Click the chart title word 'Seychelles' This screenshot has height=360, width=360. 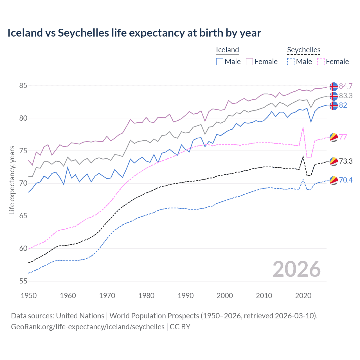click(83, 33)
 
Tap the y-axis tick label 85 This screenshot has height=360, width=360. click(23, 85)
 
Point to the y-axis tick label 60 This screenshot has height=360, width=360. click(23, 248)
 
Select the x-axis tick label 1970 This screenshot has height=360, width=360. click(107, 296)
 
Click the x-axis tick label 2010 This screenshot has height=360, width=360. click(264, 296)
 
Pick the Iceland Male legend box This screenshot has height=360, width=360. click(220, 62)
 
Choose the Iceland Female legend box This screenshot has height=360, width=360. click(249, 62)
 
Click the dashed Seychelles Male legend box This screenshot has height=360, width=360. click(291, 62)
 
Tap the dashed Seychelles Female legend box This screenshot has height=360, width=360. click(321, 62)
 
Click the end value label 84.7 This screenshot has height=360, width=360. click(346, 86)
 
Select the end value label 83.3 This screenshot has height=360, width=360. click(346, 96)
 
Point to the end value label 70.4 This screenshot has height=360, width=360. click(346, 180)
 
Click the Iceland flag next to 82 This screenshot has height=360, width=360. click(334, 106)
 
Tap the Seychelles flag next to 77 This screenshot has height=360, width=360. click(334, 137)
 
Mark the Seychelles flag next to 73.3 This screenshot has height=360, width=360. click(334, 161)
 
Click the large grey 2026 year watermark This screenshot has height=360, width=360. click(296, 269)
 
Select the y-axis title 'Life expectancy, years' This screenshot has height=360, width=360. click(12, 180)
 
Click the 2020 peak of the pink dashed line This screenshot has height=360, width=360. click(303, 127)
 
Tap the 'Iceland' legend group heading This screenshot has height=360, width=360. click(227, 50)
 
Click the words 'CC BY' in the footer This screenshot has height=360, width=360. click(180, 327)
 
